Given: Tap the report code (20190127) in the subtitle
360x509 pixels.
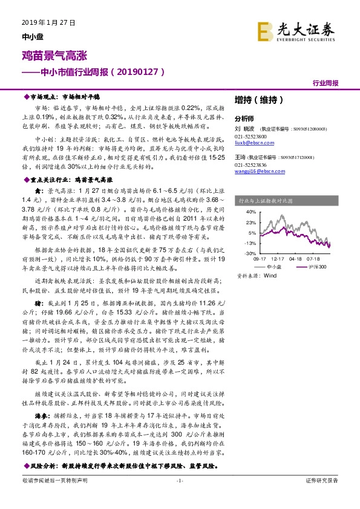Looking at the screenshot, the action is [139, 71].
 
